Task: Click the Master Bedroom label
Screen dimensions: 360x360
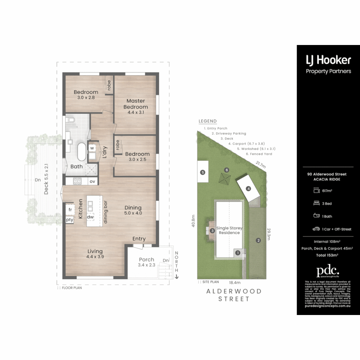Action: point(136,104)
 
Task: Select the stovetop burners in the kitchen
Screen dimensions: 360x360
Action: point(77,181)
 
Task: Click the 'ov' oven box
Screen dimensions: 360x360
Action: point(92,181)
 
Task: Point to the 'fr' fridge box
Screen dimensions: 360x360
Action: point(70,210)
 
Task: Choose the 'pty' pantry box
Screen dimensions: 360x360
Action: point(70,220)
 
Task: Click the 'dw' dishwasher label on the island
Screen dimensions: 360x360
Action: point(90,217)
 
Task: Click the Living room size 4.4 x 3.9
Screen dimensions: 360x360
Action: point(95,257)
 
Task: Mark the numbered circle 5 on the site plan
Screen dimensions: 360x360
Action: point(202,172)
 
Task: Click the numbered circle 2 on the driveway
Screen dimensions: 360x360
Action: point(258,241)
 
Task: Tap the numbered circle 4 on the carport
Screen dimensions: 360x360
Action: point(248,189)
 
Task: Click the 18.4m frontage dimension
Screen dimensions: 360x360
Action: point(233,282)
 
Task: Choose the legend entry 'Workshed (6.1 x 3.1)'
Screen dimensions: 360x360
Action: point(256,149)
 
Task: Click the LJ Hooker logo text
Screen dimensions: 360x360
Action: point(328,60)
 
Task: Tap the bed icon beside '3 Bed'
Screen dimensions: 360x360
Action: point(316,203)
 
